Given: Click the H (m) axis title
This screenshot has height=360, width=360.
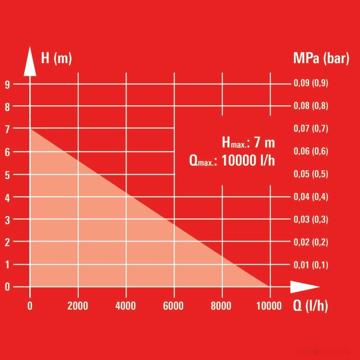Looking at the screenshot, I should [56, 59].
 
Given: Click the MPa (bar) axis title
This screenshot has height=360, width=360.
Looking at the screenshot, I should [321, 59].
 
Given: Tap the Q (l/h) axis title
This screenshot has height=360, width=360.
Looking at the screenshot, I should [310, 306].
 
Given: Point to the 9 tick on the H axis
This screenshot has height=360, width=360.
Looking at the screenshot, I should [8, 84].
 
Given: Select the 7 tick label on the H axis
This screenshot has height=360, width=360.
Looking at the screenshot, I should [8, 129].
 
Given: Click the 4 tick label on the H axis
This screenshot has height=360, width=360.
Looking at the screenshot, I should [8, 197].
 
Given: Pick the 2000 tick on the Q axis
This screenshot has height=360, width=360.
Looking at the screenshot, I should [78, 306].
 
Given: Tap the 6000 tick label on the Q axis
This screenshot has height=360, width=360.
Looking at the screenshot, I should [174, 306].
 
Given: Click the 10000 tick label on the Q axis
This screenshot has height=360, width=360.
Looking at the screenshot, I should [269, 306].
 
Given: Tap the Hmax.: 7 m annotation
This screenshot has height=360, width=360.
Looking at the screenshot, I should [248, 143].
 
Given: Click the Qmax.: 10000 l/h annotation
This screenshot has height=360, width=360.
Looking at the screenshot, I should [232, 161].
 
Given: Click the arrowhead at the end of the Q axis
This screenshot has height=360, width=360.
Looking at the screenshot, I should [304, 287].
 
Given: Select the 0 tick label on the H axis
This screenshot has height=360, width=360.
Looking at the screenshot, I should [8, 287].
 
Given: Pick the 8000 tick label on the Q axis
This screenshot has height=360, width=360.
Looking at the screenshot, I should [221, 306].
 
